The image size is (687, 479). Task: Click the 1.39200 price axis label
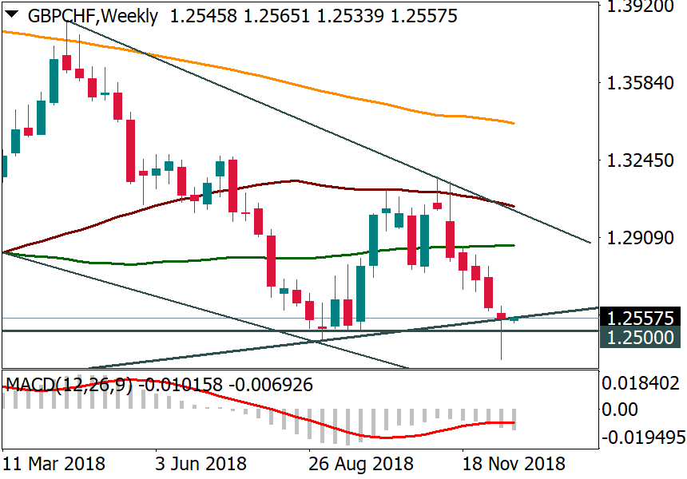641,7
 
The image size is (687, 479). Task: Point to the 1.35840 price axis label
641,83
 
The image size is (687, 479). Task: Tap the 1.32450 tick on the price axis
641,160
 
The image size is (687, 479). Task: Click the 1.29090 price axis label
641,238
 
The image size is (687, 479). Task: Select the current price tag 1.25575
641,317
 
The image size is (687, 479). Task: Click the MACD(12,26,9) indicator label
69,386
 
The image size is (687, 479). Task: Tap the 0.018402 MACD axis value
641,384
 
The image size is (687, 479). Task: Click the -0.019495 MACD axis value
641,438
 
